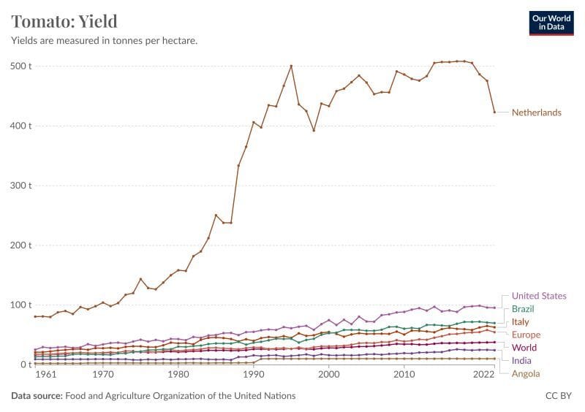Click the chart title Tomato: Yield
pyautogui.click(x=64, y=20)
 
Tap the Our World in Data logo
pyautogui.click(x=552, y=22)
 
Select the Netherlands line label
pyautogui.click(x=536, y=112)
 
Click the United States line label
pyautogui.click(x=539, y=296)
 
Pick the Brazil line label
pyautogui.click(x=523, y=309)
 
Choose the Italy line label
pyautogui.click(x=520, y=322)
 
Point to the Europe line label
pyautogui.click(x=526, y=335)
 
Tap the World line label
pyautogui.click(x=524, y=348)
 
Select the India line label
pyautogui.click(x=521, y=360)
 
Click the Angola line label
pyautogui.click(x=526, y=374)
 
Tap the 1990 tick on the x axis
pyautogui.click(x=253, y=374)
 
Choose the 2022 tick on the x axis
pyautogui.click(x=483, y=374)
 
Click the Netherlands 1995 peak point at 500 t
pyautogui.click(x=291, y=66)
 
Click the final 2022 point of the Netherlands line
pyautogui.click(x=494, y=112)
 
